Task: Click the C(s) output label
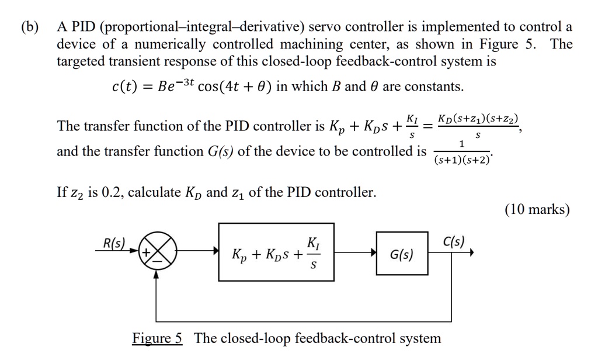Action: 453,241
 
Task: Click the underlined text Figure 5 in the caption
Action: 158,338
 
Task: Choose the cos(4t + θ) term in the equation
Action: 233,87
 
